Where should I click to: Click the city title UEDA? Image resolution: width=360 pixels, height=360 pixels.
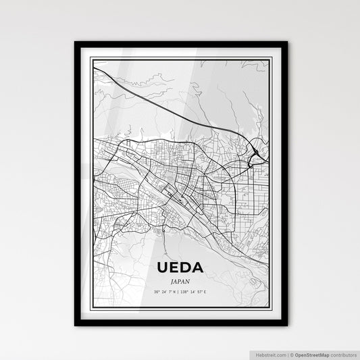pyautogui.click(x=179, y=267)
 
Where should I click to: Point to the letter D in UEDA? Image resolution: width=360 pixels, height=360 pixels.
pyautogui.click(x=186, y=267)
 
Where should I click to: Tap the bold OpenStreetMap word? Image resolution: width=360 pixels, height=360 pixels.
pyautogui.click(x=310, y=353)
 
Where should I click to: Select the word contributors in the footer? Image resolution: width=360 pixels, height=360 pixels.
pyautogui.click(x=342, y=353)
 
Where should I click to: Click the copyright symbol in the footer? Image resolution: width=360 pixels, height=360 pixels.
pyautogui.click(x=289, y=353)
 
